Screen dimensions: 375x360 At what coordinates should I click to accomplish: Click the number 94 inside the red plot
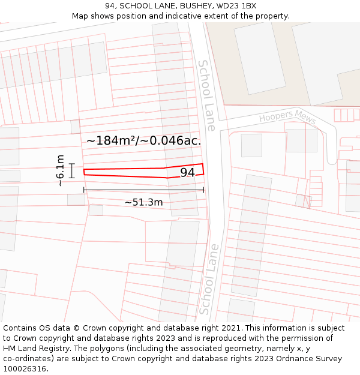point(187,173)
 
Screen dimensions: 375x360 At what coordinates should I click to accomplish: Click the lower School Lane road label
point(207,279)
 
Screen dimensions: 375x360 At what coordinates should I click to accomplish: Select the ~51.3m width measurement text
point(143,202)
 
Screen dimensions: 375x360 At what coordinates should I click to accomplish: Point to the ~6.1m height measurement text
point(60,170)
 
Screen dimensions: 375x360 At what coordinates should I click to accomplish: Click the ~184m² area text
point(111,140)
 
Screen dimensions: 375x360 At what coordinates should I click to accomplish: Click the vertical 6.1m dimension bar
point(71,170)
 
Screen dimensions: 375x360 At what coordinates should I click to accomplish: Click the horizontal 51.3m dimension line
point(143,190)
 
